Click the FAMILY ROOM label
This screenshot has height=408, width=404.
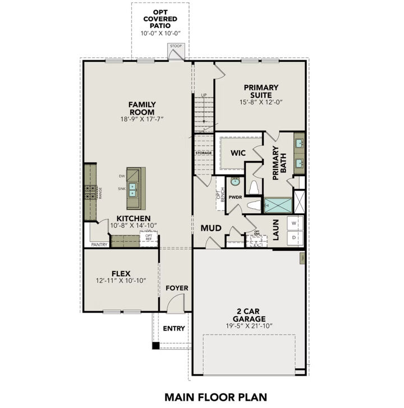[x=142, y=108]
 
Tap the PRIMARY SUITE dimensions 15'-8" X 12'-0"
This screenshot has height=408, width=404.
[x=261, y=102]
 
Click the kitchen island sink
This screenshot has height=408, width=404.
[x=134, y=189]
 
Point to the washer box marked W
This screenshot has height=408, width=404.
[x=294, y=223]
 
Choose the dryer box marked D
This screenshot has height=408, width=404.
[x=294, y=237]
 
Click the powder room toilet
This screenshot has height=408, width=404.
[x=253, y=186]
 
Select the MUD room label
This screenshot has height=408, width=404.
[x=211, y=228]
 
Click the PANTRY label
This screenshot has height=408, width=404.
[x=99, y=245]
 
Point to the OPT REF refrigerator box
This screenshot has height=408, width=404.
[x=149, y=237]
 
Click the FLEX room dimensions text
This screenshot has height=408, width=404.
[x=121, y=279]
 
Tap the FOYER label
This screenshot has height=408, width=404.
[x=177, y=288]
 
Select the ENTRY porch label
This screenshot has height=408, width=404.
[x=174, y=328]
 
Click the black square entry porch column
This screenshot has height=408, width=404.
[x=155, y=346]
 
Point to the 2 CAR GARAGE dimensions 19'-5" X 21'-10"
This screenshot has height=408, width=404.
[x=249, y=326]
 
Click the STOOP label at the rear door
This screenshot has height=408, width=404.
[x=176, y=47]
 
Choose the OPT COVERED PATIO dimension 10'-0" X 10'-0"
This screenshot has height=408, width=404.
[x=160, y=33]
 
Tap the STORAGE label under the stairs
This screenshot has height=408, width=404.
[x=204, y=153]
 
